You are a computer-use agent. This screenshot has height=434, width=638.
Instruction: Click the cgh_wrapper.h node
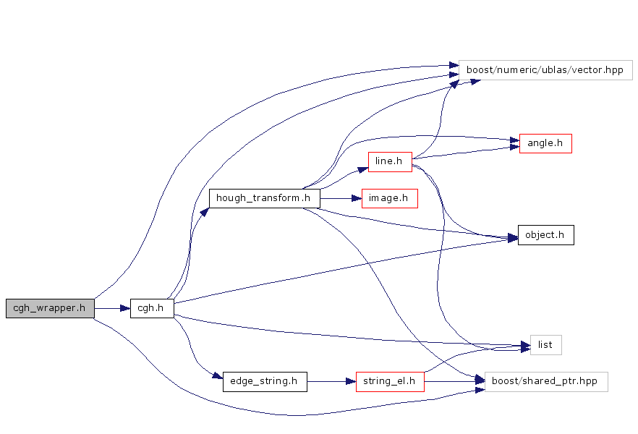50,308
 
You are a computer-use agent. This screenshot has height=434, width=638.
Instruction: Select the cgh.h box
152,308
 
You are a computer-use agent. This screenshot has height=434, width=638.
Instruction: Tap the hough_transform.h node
265,198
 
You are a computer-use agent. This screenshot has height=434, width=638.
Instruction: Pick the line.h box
389,161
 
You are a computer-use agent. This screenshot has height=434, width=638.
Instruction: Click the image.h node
389,198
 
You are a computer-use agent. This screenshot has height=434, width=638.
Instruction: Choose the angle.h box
545,143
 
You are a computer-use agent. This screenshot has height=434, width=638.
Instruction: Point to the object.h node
545,235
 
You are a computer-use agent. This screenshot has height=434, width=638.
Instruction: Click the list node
545,345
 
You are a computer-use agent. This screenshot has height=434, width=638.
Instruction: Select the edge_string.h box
265,381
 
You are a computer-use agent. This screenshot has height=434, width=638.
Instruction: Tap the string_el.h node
389,381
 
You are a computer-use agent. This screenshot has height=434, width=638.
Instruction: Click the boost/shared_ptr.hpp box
545,381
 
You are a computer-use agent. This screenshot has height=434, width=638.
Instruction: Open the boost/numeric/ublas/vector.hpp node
545,70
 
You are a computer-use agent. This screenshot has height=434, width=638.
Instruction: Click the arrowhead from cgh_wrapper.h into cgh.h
125,308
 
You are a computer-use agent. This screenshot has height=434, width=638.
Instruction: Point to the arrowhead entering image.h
357,198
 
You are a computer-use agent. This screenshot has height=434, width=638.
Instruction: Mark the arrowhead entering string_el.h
351,381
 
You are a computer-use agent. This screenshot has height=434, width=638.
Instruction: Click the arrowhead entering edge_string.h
217,376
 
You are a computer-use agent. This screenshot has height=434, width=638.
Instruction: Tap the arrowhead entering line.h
363,168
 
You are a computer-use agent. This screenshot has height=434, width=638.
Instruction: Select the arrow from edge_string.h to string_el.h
329,381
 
